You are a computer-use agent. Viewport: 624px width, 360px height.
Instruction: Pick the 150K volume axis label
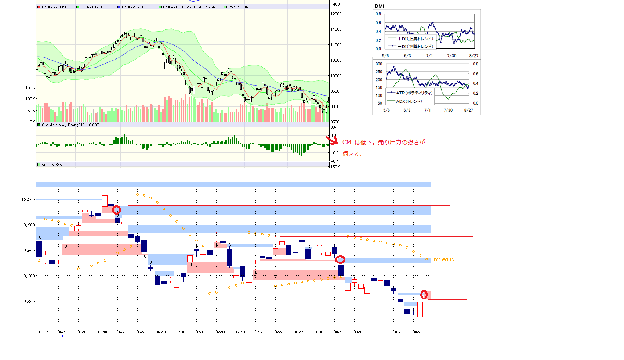point(30,87)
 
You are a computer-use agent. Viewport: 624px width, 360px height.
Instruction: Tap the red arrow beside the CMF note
point(331,141)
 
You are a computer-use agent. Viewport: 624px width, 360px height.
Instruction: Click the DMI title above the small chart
point(380,6)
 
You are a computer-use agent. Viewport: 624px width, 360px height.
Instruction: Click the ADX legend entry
point(409,101)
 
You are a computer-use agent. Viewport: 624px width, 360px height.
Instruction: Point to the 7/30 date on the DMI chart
point(452,56)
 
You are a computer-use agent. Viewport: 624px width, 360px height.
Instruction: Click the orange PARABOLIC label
point(444,260)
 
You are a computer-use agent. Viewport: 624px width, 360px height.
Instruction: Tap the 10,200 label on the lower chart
point(28,199)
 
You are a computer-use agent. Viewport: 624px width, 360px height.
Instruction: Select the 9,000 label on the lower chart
point(29,302)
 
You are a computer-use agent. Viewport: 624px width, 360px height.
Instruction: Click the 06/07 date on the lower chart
point(43,332)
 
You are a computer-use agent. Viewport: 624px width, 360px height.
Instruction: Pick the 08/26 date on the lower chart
point(418,332)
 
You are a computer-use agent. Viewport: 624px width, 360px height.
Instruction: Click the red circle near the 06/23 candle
point(116,210)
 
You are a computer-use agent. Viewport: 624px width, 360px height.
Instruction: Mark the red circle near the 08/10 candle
point(340,259)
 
